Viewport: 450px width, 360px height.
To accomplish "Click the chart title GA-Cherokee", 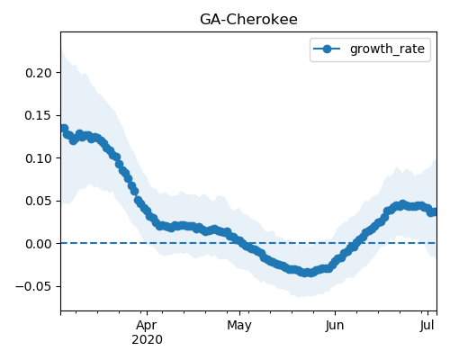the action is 248,20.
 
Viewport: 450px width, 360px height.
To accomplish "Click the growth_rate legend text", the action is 387,49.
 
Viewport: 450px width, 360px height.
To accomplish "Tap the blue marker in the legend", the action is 327,49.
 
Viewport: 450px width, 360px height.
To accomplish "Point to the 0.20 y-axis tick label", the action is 39,73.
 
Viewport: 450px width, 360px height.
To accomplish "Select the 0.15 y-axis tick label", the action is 39,115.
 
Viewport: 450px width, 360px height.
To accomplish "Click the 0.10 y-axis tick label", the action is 39,158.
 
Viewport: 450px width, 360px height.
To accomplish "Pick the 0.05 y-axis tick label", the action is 39,201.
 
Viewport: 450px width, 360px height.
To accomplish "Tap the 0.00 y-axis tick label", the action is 39,244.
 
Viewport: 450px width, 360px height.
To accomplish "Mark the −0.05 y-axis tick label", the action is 33,286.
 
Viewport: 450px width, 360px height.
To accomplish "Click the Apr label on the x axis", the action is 147,326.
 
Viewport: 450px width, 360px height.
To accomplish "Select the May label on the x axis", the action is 239,326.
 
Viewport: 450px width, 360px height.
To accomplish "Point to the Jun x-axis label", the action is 335,326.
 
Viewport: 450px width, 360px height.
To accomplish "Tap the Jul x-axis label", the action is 427,326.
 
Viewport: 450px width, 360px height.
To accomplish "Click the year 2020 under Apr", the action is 147,340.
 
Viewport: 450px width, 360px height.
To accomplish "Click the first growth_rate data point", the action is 63,129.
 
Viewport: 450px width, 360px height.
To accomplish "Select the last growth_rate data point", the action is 434,212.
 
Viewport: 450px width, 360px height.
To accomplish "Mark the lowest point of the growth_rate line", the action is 306,273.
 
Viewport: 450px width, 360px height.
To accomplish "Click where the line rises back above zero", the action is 357,243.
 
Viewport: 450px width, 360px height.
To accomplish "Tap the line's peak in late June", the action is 402,204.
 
